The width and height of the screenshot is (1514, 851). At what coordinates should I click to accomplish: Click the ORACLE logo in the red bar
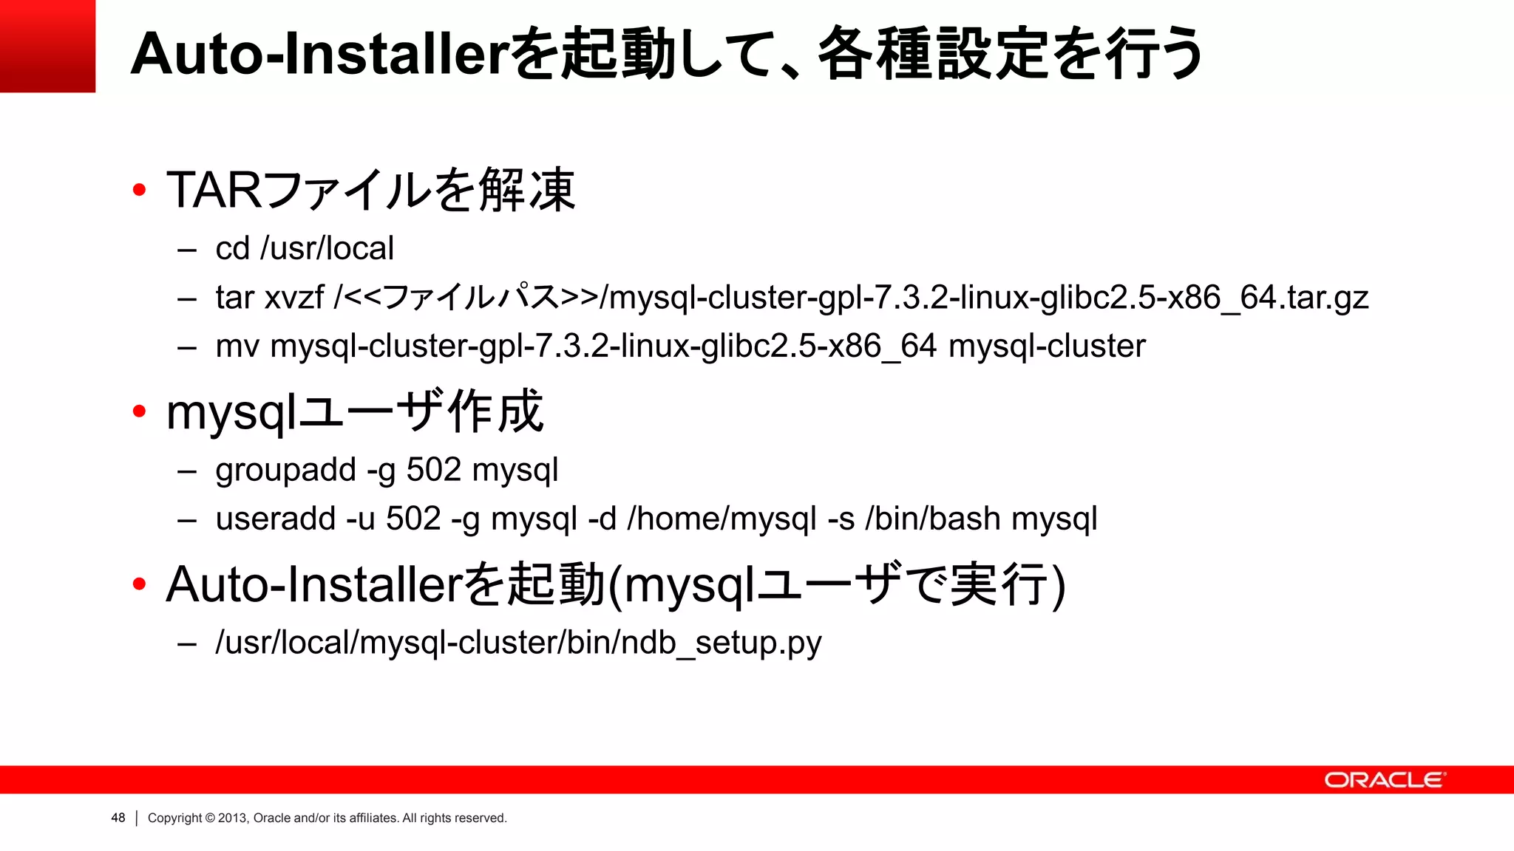1384,780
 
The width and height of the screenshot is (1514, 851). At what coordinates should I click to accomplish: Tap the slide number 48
118,818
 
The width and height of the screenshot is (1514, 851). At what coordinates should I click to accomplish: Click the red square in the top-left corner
47,46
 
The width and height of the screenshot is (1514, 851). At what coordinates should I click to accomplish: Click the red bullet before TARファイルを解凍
139,191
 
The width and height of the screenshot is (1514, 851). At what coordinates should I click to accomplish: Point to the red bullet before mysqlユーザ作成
139,411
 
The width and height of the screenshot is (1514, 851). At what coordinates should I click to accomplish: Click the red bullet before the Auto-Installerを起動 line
139,584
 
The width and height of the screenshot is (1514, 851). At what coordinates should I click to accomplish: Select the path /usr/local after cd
327,248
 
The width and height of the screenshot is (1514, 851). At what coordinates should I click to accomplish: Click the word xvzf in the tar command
294,298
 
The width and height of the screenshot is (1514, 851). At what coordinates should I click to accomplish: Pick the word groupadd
285,471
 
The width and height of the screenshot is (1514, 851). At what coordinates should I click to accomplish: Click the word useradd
276,519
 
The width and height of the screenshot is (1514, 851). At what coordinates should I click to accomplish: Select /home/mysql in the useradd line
722,519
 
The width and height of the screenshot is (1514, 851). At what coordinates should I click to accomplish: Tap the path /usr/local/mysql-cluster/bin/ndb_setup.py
518,643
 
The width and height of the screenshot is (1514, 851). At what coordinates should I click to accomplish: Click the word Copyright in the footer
175,818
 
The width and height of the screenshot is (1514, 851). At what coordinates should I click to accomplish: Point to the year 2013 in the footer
231,818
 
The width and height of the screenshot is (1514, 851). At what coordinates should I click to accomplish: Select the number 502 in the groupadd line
433,470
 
